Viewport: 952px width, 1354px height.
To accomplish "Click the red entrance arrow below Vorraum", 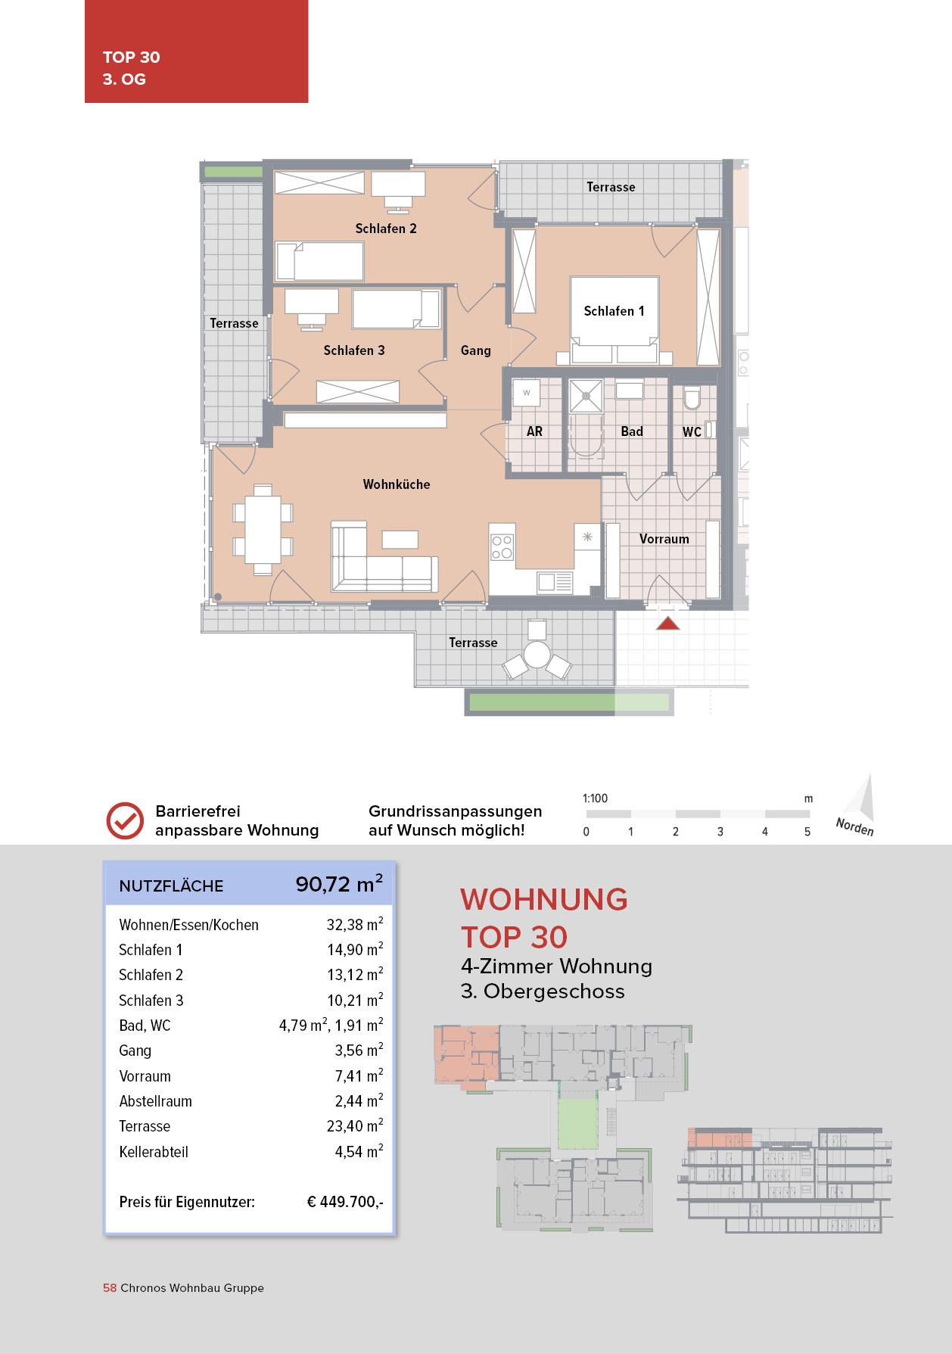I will [667, 624].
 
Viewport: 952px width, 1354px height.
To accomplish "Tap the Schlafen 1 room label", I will [614, 311].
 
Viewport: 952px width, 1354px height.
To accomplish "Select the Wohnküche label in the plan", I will [397, 484].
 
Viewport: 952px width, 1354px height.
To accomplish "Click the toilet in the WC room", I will [692, 398].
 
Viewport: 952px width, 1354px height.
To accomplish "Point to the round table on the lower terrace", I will [537, 655].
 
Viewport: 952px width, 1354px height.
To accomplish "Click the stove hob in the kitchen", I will [502, 547].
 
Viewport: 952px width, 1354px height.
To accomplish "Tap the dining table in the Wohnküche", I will [263, 530].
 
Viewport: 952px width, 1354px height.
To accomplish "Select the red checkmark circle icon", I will [125, 820].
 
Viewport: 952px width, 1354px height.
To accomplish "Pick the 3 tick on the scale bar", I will [720, 831].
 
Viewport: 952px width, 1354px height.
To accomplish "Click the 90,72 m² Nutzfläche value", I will [339, 884].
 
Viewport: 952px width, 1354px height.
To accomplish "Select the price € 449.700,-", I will [345, 1202].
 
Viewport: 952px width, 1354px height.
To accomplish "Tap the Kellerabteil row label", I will [154, 1152].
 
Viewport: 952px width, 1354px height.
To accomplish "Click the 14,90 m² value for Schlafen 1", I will [355, 950].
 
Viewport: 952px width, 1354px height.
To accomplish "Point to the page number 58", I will [110, 1288].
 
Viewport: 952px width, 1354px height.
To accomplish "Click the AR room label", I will [534, 431].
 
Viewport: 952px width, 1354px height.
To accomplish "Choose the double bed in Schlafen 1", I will [614, 322].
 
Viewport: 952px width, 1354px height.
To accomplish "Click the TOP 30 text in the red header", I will [132, 58].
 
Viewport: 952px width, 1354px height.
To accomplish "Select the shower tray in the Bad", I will [586, 396].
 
